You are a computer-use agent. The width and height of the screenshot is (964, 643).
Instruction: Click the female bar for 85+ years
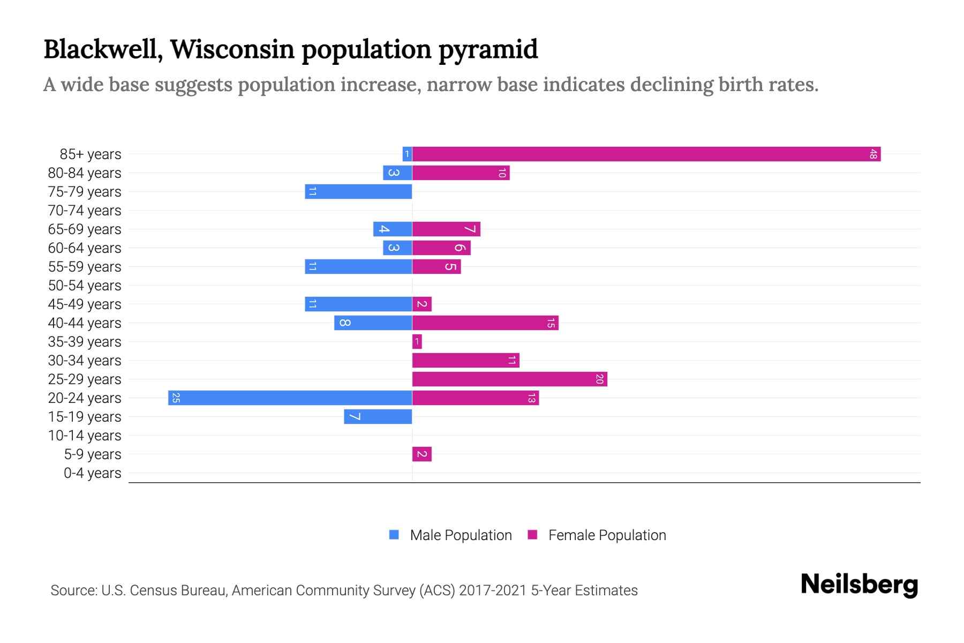pyautogui.click(x=646, y=154)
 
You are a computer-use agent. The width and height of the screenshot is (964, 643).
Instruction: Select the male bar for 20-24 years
pyautogui.click(x=290, y=398)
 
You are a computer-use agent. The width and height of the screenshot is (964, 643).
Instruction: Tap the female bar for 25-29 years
pyautogui.click(x=509, y=379)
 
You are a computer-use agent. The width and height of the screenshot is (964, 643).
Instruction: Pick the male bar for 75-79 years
pyautogui.click(x=358, y=192)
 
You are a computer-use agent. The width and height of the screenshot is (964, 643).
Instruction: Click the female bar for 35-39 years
pyautogui.click(x=417, y=342)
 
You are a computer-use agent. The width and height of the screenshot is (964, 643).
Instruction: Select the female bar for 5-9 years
pyautogui.click(x=421, y=454)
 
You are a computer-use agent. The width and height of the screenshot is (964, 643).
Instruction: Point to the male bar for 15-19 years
pyautogui.click(x=378, y=417)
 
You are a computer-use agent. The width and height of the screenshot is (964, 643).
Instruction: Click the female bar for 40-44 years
pyautogui.click(x=485, y=323)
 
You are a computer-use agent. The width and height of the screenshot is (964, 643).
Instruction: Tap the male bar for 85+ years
pyautogui.click(x=407, y=154)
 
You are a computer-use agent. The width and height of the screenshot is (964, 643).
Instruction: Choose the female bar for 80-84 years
pyautogui.click(x=461, y=173)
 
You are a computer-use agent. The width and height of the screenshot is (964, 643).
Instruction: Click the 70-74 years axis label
pyautogui.click(x=85, y=211)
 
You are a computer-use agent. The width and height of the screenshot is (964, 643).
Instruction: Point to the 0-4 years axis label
pyautogui.click(x=92, y=473)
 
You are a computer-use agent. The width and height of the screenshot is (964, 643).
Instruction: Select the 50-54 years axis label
pyautogui.click(x=85, y=286)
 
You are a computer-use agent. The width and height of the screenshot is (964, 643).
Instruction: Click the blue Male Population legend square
pyautogui.click(x=394, y=535)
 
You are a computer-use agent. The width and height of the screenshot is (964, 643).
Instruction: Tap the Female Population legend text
pyautogui.click(x=607, y=535)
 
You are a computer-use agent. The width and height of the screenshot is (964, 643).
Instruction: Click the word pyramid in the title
pyautogui.click(x=488, y=50)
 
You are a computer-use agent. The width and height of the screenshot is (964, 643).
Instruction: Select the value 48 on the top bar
pyautogui.click(x=873, y=154)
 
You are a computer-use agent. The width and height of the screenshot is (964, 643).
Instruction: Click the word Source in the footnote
pyautogui.click(x=73, y=590)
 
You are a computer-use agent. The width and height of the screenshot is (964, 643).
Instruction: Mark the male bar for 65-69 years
pyautogui.click(x=392, y=229)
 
